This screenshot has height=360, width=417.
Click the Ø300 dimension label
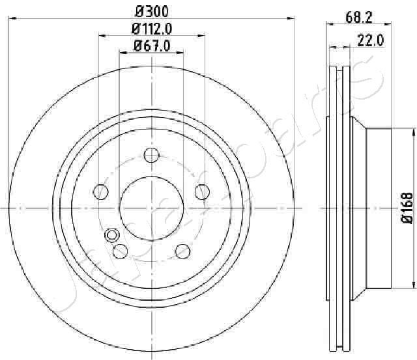pyautogui.click(x=152, y=12)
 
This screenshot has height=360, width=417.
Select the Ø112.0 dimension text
pyautogui.click(x=152, y=29)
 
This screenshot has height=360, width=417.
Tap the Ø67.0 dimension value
pyautogui.click(x=152, y=46)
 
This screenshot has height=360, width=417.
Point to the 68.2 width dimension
pyautogui.click(x=358, y=18)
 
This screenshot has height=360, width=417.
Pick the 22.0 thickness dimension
pyautogui.click(x=371, y=40)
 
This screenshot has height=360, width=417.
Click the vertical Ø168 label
pyautogui.click(x=407, y=208)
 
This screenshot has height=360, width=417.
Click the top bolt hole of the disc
pyautogui.click(x=152, y=155)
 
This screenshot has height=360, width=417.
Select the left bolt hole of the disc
pyautogui.click(x=101, y=191)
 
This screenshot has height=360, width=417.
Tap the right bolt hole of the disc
pyautogui.click(x=202, y=191)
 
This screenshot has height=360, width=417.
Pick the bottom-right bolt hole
pyautogui.click(x=183, y=251)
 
